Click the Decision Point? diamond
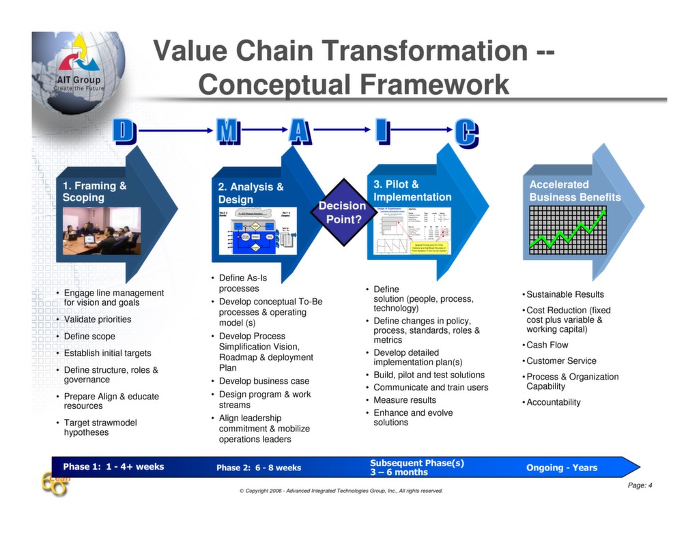tap(341, 212)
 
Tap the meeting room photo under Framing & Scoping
tap(102, 230)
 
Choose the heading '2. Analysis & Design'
tap(251, 193)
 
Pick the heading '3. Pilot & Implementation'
tap(412, 190)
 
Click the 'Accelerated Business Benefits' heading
tap(575, 190)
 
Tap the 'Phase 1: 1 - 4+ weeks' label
tap(113, 467)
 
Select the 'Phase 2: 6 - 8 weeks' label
tap(259, 468)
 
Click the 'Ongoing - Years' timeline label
tap(561, 468)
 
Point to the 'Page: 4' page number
tap(640, 485)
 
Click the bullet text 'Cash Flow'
tap(547, 345)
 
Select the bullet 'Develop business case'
tap(263, 381)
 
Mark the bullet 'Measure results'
tap(404, 400)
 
